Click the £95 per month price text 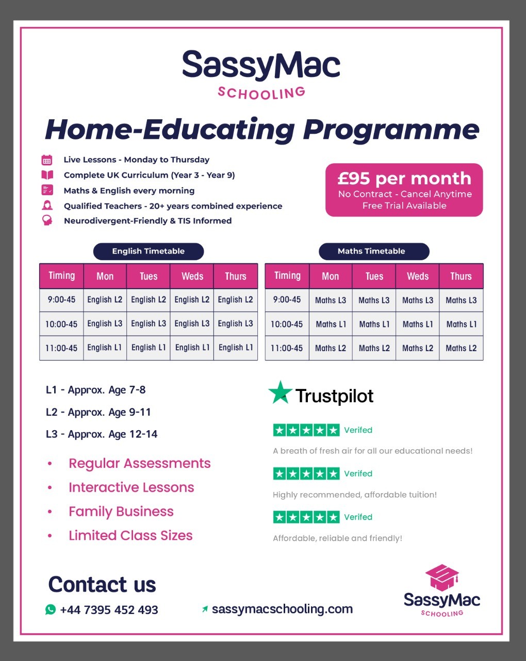tap(404, 179)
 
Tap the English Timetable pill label tap(149, 251)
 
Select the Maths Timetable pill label tap(371, 251)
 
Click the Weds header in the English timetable tap(192, 276)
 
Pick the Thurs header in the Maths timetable tap(461, 276)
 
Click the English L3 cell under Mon tap(105, 324)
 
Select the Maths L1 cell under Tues tap(374, 324)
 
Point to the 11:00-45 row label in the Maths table tap(287, 348)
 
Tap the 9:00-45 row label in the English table tap(61, 300)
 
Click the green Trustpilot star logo tap(280, 393)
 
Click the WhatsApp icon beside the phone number tap(51, 609)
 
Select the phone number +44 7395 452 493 tap(109, 610)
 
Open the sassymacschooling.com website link tap(282, 609)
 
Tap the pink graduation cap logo tap(442, 577)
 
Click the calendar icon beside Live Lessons tap(47, 160)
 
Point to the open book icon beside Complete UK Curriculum tap(47, 175)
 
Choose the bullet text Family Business tap(121, 512)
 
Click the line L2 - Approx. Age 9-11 tap(98, 412)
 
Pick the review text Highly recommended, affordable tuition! tap(355, 495)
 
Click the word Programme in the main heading tap(391, 129)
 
